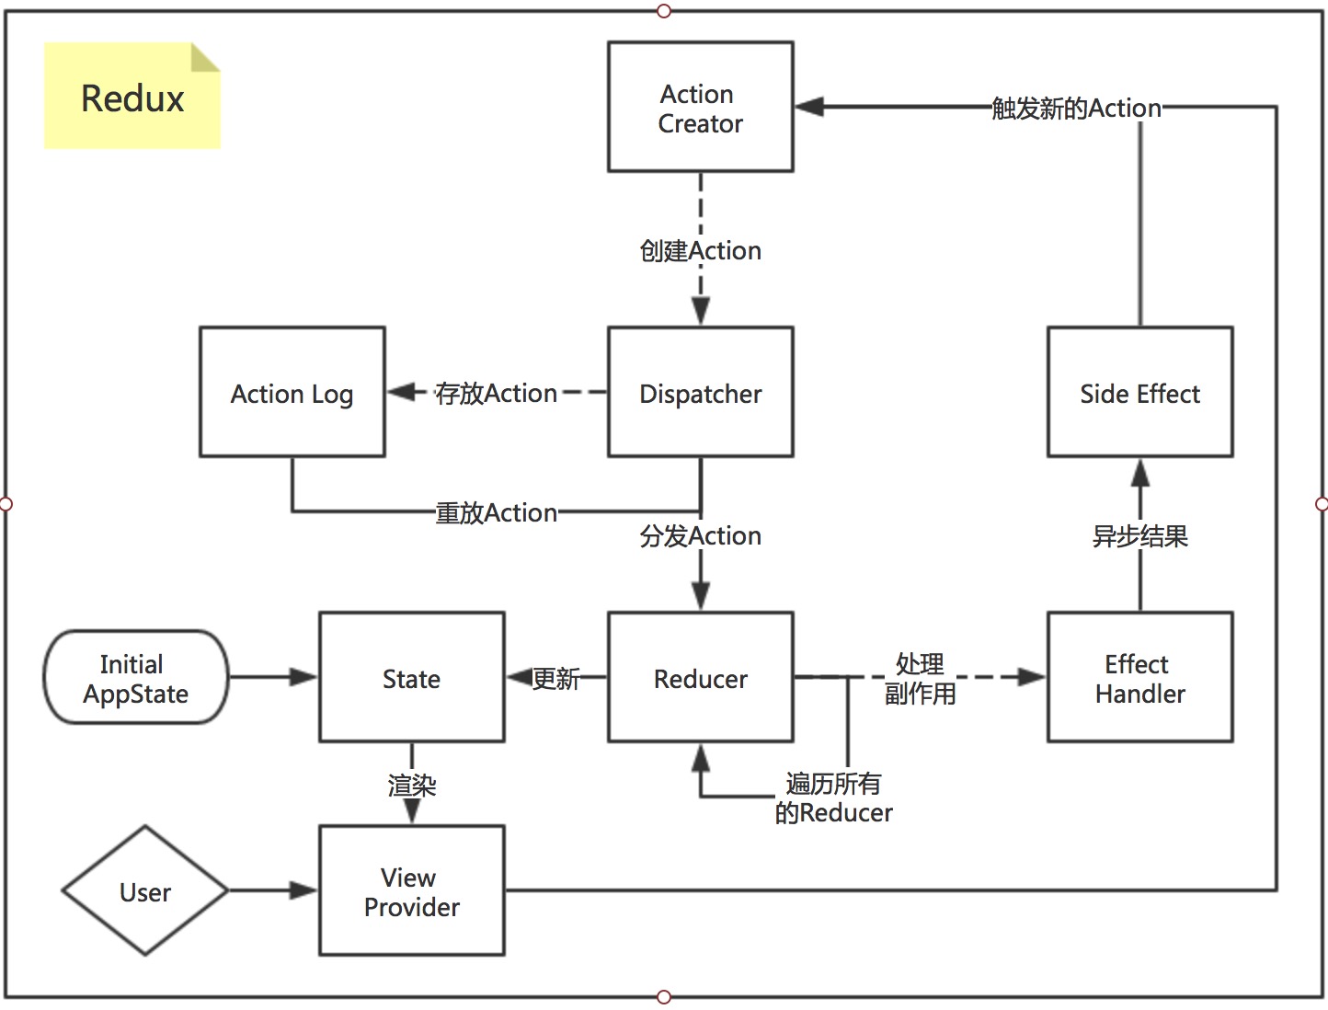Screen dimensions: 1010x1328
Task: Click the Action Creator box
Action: click(700, 107)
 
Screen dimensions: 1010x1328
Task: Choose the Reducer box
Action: click(700, 678)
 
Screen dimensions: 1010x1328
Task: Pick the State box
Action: click(411, 678)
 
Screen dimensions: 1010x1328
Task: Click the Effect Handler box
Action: click(1139, 678)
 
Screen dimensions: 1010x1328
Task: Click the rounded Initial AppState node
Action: click(135, 678)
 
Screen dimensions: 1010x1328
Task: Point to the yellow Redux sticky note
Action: click(132, 98)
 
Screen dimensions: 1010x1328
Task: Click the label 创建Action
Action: click(700, 250)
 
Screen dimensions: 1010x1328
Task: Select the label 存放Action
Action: click(496, 393)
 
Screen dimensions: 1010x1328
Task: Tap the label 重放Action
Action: click(496, 512)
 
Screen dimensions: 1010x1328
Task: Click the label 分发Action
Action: click(700, 535)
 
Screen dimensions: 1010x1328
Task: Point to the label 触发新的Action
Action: click(1076, 108)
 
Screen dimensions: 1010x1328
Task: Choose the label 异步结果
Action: click(1139, 535)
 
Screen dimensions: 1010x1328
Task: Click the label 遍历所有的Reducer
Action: click(833, 798)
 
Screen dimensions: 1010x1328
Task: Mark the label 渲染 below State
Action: click(411, 785)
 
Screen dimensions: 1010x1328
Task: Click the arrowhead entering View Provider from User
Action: click(303, 890)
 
